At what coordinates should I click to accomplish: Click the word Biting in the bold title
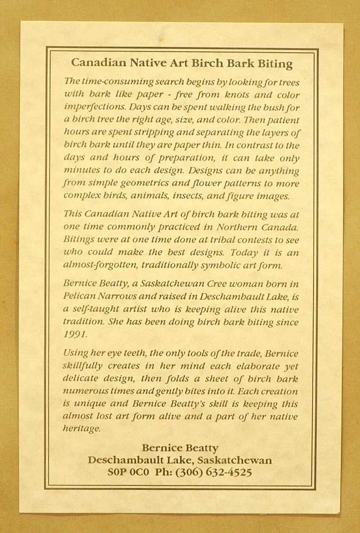point(275,64)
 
